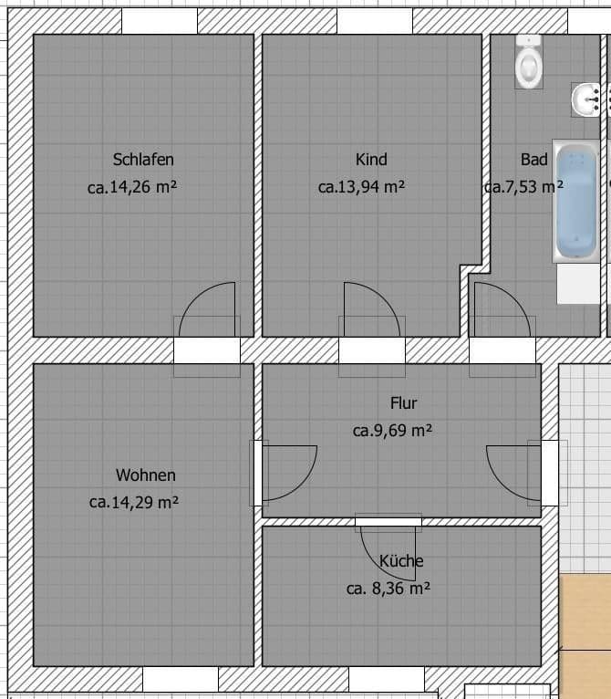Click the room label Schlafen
tap(143, 159)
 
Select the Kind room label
tap(371, 159)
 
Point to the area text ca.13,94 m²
tap(361, 187)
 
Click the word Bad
tap(533, 159)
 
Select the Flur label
tap(403, 402)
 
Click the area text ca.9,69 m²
tap(392, 430)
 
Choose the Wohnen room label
tap(146, 475)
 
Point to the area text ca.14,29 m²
tap(134, 502)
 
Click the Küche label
tap(401, 560)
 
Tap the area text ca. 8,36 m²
tap(388, 589)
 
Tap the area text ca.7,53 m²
tap(523, 187)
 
